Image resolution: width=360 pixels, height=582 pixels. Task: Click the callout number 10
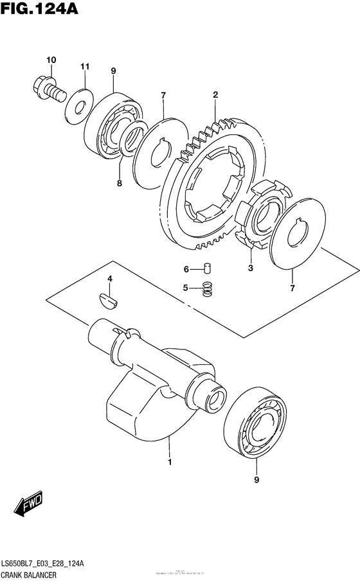pos(51,60)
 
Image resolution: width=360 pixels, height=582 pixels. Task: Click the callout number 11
pos(84,67)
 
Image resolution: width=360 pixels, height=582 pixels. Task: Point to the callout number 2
pos(215,96)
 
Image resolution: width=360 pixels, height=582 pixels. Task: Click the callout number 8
pos(119,182)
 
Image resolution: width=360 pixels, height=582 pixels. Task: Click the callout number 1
pos(170,462)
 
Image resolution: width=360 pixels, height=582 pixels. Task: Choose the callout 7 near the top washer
pos(163,96)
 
